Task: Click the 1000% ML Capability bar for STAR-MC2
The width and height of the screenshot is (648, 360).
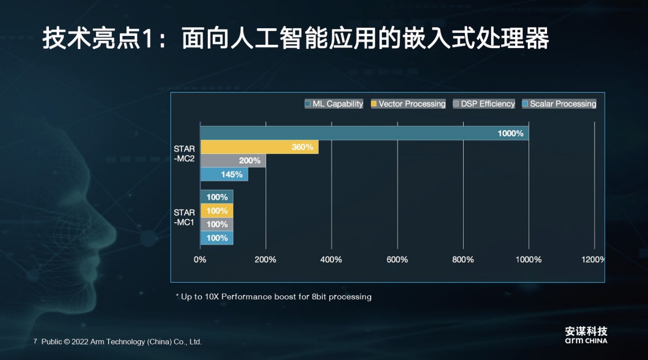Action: (364, 133)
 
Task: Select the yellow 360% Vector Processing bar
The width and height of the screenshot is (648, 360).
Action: (259, 147)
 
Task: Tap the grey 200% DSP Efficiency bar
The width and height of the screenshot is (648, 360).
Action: (233, 161)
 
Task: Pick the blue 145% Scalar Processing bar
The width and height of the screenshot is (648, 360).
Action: (224, 174)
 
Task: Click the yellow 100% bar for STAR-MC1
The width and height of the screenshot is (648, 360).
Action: (217, 211)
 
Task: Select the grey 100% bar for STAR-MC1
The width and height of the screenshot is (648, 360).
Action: (217, 224)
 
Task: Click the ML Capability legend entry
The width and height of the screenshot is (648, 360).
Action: (334, 104)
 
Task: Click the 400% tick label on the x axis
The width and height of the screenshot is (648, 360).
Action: (331, 260)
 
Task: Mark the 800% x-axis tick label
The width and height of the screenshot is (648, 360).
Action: (463, 260)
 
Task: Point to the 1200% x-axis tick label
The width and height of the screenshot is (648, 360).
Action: (593, 260)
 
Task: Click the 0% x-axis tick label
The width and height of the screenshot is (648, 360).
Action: (200, 260)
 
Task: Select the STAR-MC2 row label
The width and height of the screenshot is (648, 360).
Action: (184, 153)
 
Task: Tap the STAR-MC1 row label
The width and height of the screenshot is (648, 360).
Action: (184, 217)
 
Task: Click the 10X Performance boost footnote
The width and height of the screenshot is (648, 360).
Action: (273, 296)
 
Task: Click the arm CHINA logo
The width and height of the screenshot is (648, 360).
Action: (586, 335)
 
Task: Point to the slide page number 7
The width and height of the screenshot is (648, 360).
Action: (35, 342)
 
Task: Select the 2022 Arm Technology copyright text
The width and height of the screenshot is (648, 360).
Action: (121, 342)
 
